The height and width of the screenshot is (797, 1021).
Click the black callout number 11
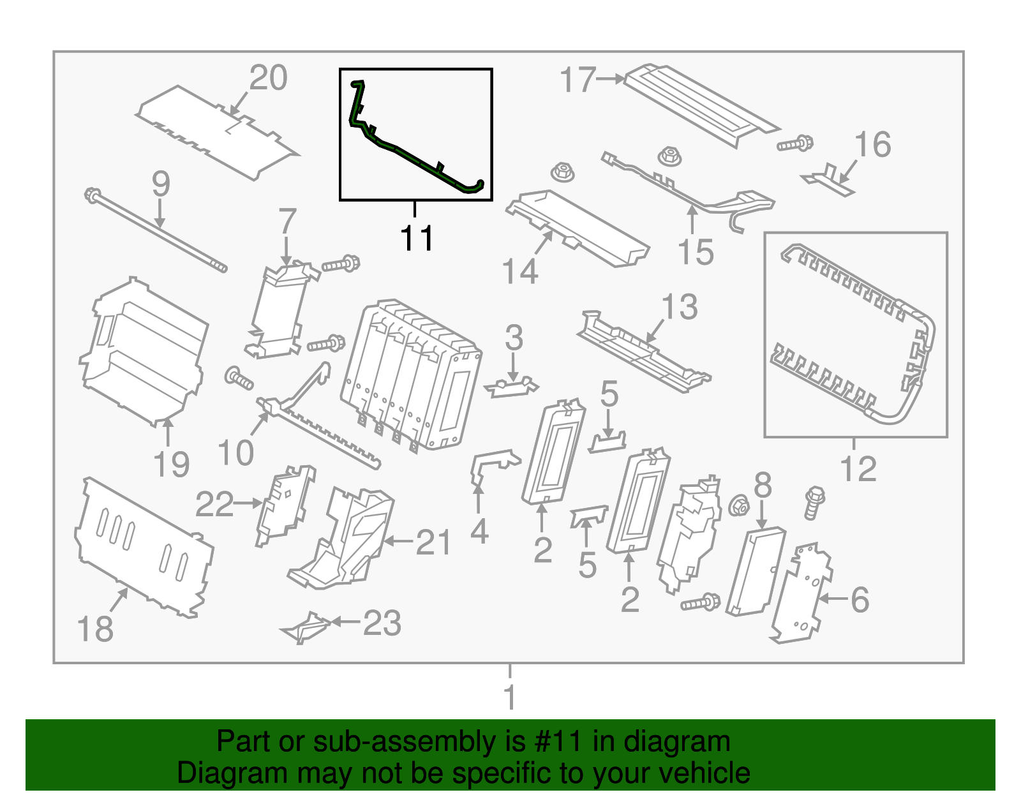click(417, 239)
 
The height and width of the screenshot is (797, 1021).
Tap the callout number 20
click(268, 78)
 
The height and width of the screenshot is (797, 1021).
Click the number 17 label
click(578, 80)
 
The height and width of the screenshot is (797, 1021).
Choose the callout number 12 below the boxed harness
click(858, 470)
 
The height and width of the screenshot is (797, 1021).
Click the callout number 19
click(172, 465)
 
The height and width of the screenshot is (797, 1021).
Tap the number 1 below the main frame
click(509, 697)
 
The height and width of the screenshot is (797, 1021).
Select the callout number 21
click(433, 544)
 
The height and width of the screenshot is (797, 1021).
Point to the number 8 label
click(763, 486)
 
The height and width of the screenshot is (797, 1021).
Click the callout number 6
click(860, 600)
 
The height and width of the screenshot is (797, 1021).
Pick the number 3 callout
click(514, 338)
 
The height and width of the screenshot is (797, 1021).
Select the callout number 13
click(680, 308)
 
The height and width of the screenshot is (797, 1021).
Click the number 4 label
click(479, 532)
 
